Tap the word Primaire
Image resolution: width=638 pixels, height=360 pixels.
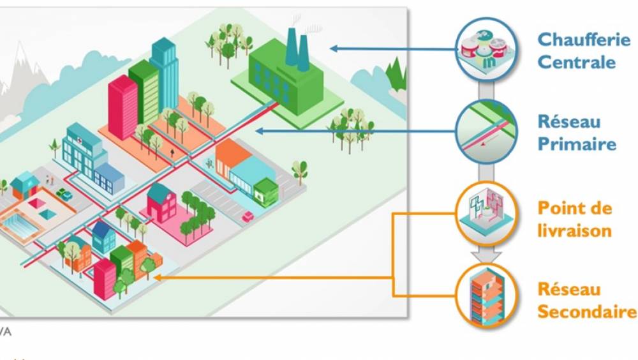(x=577, y=144)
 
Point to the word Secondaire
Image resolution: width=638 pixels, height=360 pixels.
(x=586, y=312)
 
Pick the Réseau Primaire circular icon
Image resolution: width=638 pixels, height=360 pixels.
(x=486, y=131)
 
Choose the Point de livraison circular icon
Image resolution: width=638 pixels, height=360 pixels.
(x=486, y=213)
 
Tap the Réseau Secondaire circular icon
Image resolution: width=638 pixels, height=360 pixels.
(x=486, y=294)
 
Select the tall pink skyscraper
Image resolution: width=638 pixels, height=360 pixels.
(x=123, y=107)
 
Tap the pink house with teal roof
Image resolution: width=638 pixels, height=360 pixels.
(x=161, y=204)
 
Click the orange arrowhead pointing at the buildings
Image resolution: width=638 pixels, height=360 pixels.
(x=156, y=278)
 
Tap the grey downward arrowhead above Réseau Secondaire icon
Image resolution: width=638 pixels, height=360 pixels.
(x=486, y=256)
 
